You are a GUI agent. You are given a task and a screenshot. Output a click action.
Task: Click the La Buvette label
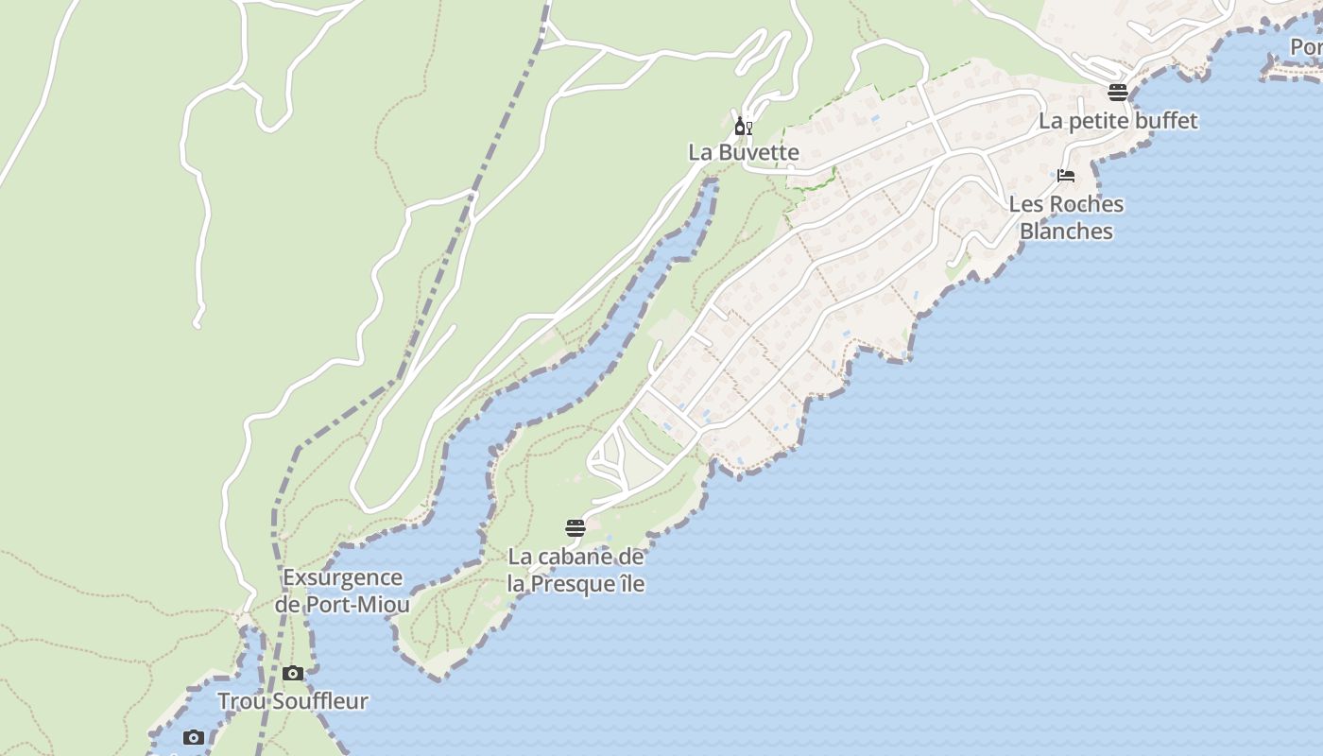pos(743,152)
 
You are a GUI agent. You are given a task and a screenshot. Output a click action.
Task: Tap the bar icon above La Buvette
pos(744,126)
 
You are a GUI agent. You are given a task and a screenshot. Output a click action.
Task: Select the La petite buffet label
pos(1118,121)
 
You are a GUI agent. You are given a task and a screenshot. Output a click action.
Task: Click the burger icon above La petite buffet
pos(1118,92)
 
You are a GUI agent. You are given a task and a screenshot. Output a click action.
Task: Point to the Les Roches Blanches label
pos(1066,217)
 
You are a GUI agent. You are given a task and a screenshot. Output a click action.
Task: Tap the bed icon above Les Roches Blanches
pos(1066,176)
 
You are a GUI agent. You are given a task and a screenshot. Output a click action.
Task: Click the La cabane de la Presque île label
pos(576,570)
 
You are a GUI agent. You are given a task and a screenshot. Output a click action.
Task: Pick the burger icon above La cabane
pos(576,527)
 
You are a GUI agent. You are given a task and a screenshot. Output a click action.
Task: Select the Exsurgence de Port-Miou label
pos(342,591)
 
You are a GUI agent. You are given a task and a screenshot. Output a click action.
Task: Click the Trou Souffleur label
pos(293,701)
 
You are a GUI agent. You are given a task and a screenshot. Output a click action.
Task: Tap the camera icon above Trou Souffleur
pos(293,674)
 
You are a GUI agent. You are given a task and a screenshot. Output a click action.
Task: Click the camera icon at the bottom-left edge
pos(194,738)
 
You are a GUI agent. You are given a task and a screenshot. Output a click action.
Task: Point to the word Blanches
pos(1066,232)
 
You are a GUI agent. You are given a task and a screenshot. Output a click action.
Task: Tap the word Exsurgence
pos(342,577)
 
